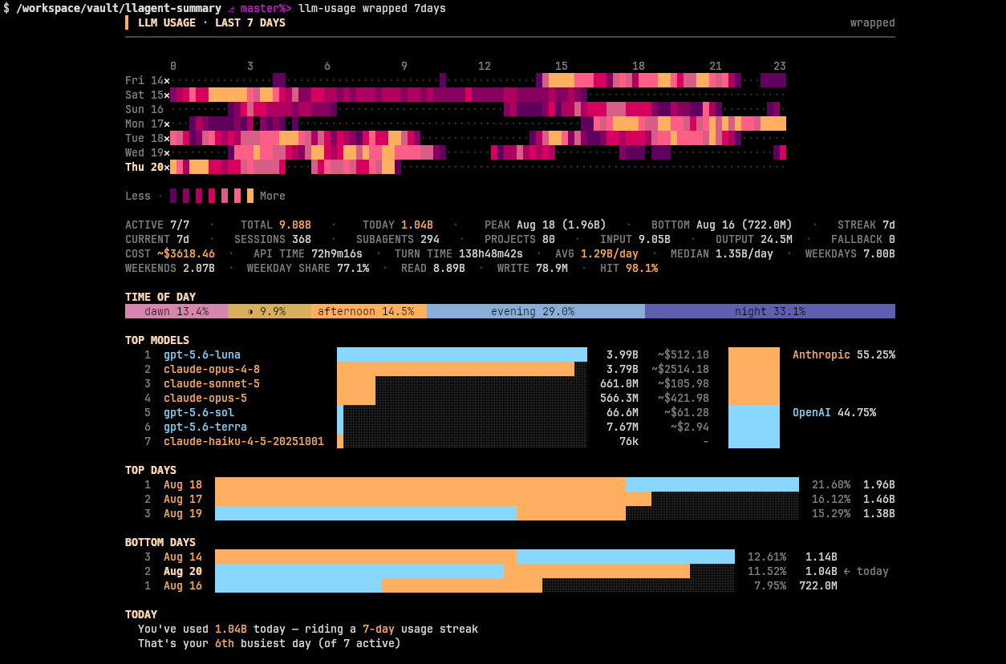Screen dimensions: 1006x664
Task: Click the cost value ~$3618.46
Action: pos(186,253)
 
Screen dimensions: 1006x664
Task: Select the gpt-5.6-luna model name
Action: pos(201,354)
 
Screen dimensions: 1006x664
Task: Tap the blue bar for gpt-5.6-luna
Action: pos(461,354)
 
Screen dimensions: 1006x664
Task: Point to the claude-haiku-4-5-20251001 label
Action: pos(243,441)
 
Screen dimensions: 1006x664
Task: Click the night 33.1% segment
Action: pos(770,311)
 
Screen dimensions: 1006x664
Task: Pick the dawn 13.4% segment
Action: pos(176,311)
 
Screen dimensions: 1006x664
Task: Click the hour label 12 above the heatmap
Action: pos(484,66)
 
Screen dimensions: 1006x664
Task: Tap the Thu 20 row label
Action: pos(144,167)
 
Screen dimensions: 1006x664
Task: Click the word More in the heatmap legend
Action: pos(272,196)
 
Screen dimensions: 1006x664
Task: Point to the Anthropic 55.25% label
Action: pos(843,354)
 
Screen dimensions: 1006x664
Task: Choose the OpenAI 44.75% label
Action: pos(834,412)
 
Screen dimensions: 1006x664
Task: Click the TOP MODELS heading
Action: pos(156,340)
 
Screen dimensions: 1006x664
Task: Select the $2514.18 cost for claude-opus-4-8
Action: pos(680,369)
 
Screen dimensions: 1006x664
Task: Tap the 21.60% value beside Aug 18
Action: pos(831,485)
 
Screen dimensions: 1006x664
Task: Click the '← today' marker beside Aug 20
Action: pos(866,571)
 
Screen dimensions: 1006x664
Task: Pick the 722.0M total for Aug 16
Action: pos(817,586)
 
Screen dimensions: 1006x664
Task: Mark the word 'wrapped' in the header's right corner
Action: pos(872,23)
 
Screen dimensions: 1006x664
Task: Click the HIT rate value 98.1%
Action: pos(641,268)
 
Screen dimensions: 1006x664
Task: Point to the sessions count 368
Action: pos(302,239)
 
